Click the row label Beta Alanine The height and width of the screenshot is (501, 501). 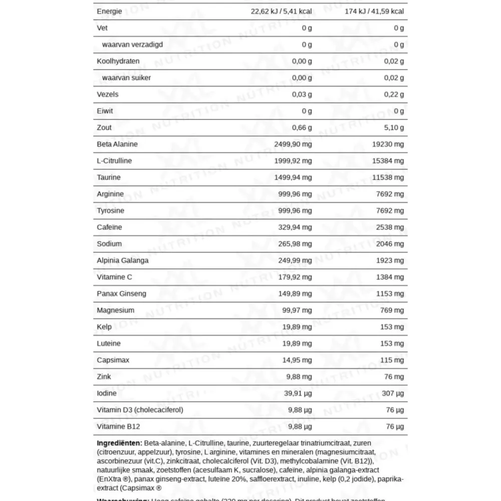click(x=117, y=144)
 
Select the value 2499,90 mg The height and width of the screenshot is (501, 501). click(x=293, y=144)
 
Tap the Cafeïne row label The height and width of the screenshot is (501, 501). click(x=109, y=227)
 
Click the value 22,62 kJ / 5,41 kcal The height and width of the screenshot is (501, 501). click(x=281, y=12)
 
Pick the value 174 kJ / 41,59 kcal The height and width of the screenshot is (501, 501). click(x=374, y=12)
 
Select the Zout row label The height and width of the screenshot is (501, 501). click(x=104, y=128)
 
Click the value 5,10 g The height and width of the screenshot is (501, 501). click(x=394, y=128)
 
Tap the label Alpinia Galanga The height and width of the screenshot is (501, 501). click(x=123, y=261)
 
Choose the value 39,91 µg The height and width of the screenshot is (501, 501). click(x=298, y=393)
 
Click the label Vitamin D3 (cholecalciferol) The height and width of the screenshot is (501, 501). click(x=140, y=410)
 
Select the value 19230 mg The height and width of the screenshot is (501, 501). click(x=387, y=144)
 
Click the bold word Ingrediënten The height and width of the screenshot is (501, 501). click(x=119, y=443)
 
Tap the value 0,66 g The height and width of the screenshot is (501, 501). click(x=302, y=128)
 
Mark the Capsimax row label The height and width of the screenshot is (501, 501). click(x=112, y=360)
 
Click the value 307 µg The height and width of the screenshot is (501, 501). click(x=393, y=393)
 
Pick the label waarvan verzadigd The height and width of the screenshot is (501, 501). click(x=132, y=45)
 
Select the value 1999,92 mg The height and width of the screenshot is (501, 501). click(x=293, y=161)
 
